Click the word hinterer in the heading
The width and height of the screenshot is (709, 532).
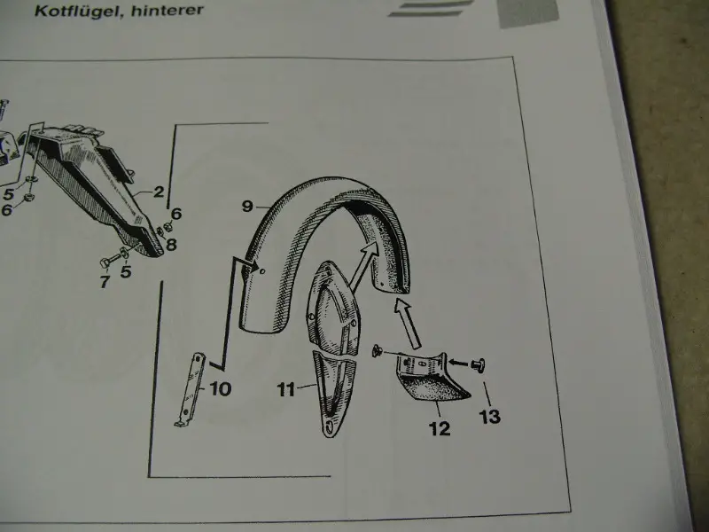point(168,10)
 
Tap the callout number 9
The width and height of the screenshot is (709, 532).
point(247,207)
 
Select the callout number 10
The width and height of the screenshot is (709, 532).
point(220,388)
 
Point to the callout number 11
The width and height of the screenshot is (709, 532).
point(285,389)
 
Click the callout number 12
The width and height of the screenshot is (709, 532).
point(440,428)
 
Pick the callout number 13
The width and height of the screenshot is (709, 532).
point(490,416)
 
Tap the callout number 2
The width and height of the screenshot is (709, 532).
point(159,192)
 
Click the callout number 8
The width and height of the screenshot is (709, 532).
point(171,245)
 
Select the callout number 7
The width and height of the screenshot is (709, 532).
point(105,281)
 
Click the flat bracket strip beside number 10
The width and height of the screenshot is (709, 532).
point(191,389)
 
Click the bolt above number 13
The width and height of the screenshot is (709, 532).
point(479,364)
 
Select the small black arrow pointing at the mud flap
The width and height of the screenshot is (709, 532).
point(459,363)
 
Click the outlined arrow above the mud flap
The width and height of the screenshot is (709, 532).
point(409,324)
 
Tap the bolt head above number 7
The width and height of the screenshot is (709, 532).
point(104,262)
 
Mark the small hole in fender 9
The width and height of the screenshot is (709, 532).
point(263,271)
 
